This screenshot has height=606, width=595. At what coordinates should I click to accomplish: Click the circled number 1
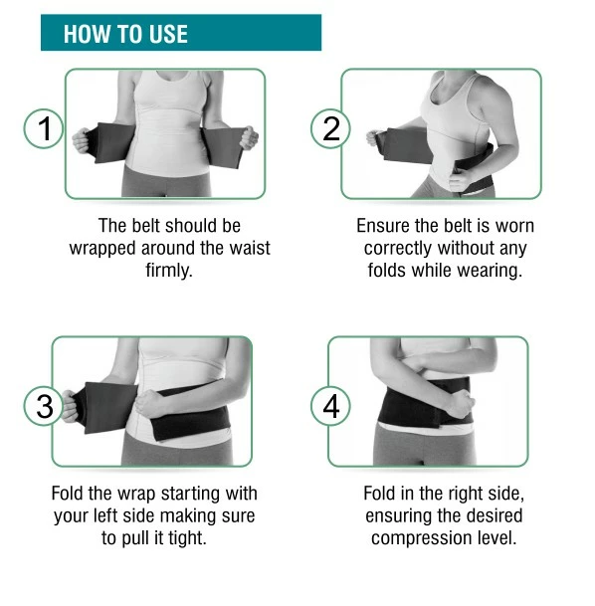tap(43, 128)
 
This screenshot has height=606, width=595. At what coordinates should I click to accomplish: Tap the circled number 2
tap(330, 128)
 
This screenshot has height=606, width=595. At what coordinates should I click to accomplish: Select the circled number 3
tap(44, 406)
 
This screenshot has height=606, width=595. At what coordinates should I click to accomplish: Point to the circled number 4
tap(330, 406)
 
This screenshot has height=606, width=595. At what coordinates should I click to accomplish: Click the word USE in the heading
tap(168, 34)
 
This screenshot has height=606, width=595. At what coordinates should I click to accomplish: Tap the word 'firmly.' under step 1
tap(169, 270)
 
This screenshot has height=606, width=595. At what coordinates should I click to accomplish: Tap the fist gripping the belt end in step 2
tap(375, 138)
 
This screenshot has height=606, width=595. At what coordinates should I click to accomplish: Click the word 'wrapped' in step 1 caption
tap(102, 249)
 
